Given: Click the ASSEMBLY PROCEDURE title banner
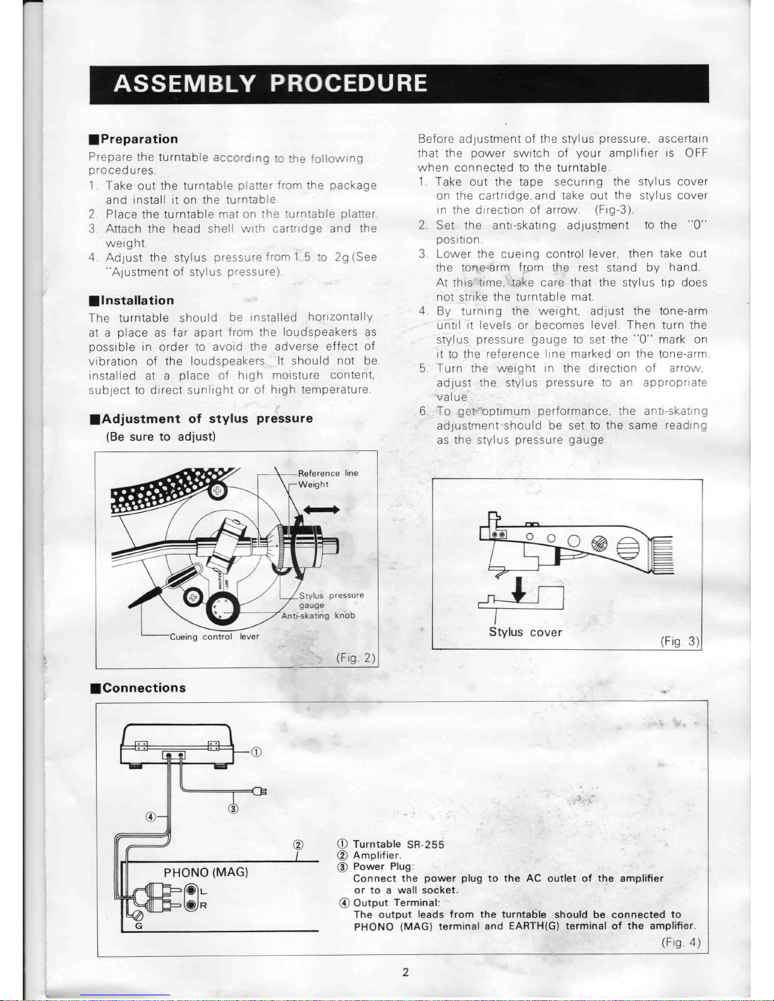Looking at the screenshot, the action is (399, 84).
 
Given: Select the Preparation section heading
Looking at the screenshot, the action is (133, 139).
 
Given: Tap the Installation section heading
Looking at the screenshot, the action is (132, 301).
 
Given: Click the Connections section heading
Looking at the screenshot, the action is (138, 688).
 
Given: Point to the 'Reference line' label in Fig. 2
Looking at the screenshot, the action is (328, 473).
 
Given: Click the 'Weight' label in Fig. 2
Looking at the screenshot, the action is (313, 484).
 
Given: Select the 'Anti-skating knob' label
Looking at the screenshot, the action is (318, 616).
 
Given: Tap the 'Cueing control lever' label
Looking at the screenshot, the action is (215, 637).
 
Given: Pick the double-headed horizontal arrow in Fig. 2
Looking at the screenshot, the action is (322, 510).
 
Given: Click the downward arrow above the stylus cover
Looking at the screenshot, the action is (519, 589).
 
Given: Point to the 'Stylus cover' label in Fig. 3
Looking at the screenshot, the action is (525, 632).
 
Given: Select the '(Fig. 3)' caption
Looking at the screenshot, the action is (680, 641).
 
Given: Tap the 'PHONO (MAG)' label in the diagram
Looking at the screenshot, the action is (206, 872).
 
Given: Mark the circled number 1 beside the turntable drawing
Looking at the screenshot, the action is (256, 752).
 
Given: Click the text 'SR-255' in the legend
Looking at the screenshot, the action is (426, 844).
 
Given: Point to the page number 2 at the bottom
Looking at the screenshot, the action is (406, 972).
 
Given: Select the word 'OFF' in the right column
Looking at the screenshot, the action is (696, 153).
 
